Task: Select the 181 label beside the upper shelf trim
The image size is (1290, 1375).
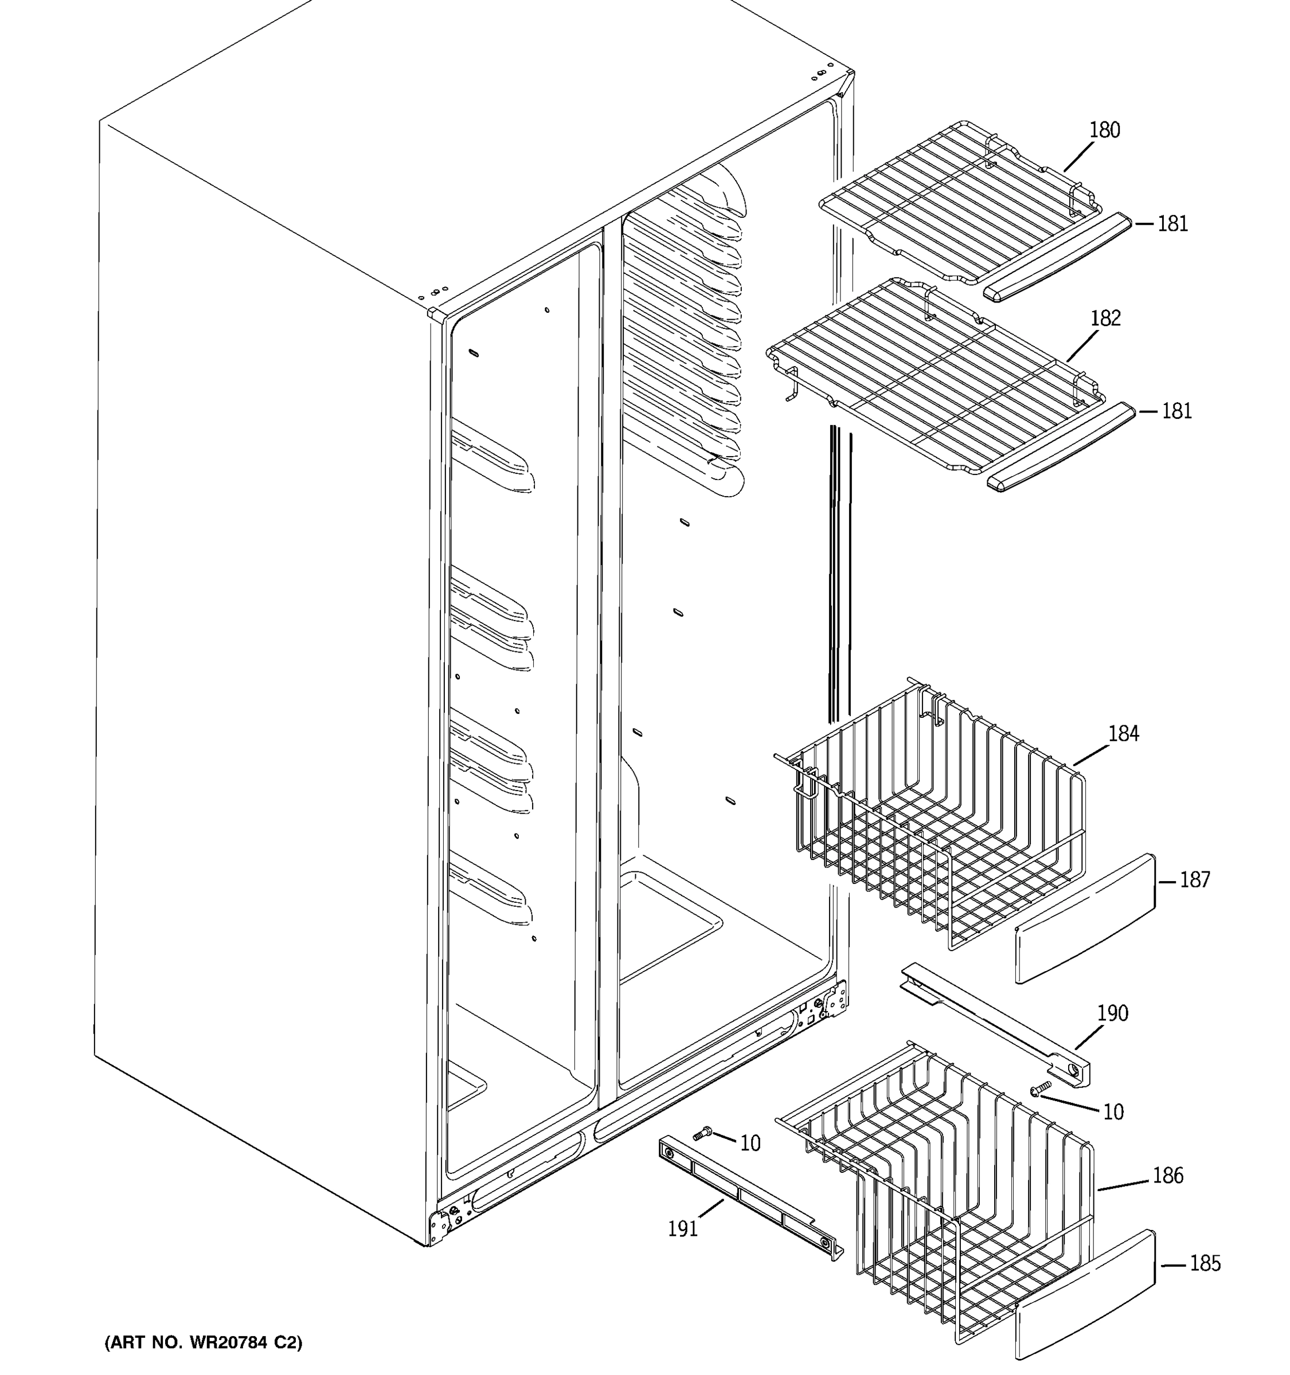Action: tap(1172, 223)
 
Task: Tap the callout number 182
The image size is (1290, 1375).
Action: tap(1105, 318)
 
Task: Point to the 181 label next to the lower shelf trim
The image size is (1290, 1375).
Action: tap(1176, 411)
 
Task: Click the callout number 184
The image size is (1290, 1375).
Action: tap(1123, 733)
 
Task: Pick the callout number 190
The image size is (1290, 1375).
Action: tap(1112, 1013)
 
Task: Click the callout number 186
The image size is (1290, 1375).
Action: tap(1167, 1175)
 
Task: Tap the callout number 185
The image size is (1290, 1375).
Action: tap(1205, 1264)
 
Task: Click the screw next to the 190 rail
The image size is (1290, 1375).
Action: tap(1040, 1089)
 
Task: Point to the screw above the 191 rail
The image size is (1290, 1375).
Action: tap(702, 1133)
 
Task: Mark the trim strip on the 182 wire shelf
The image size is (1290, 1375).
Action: tap(1061, 447)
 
